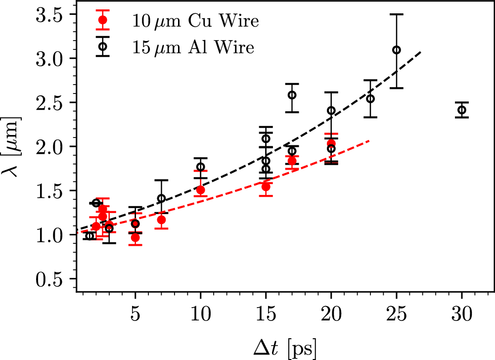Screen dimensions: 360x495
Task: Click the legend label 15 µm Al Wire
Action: point(193,47)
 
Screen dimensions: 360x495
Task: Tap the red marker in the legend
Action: point(103,20)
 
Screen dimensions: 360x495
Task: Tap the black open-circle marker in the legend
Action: point(103,46)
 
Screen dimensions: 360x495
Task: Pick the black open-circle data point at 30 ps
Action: point(462,110)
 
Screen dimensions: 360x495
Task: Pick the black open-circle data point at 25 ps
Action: point(396,50)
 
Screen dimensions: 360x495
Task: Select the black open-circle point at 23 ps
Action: point(370,98)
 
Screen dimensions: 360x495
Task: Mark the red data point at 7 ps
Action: point(161,220)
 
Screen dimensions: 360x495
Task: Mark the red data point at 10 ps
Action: point(200,190)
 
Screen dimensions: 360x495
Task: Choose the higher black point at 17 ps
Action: point(292,95)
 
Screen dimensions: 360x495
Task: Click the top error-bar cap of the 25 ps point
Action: point(396,14)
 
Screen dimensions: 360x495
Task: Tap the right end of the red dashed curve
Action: point(369,141)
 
